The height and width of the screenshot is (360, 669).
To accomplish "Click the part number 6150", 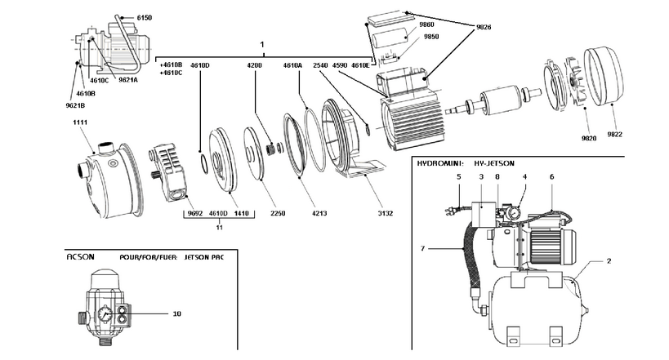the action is coord(145,18).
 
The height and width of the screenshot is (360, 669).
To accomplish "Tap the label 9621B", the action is coord(75,105).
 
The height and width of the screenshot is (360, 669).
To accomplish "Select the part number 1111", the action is coord(80,122).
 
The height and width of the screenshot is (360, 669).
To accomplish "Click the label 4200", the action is coord(254,65).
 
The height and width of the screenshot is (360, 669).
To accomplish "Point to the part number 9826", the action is coord(484,27).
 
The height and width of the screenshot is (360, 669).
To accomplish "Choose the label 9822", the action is coord(615,135).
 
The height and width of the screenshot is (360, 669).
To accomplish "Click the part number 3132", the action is coord(386,213).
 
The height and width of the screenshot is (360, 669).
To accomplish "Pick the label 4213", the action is coord(319,213).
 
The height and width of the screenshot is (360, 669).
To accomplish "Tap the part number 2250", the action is coord(278,213).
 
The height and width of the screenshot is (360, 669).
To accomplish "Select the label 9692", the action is coord(195,213).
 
